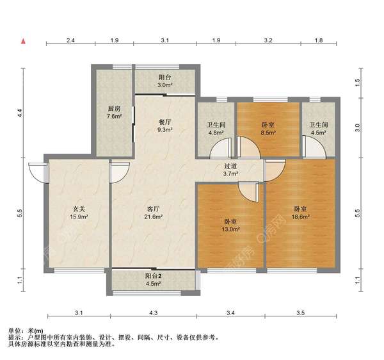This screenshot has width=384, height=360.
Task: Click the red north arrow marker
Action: tap(23, 41)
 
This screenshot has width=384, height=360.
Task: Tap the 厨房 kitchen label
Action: tap(114, 108)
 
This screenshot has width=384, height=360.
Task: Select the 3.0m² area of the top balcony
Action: tap(165, 85)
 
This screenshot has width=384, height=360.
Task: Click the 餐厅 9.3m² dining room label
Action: tap(165, 126)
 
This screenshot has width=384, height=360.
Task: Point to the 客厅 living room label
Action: tap(154, 209)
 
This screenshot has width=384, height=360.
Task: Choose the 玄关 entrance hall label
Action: tap(79, 209)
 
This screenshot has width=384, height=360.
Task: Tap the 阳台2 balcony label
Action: tap(154, 276)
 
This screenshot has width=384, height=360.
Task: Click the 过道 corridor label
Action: tap(230, 166)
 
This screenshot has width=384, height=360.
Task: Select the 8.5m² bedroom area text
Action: tap(268, 133)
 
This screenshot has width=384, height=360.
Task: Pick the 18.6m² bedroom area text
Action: tap(300, 217)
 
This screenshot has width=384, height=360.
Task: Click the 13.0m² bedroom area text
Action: tap(230, 229)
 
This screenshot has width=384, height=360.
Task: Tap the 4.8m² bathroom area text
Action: tap(216, 133)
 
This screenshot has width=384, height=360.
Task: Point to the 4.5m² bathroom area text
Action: tap(318, 133)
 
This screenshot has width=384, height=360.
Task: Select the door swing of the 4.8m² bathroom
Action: tap(221, 148)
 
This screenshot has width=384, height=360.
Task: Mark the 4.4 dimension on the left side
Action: tap(20, 113)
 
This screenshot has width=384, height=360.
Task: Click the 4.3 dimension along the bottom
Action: tap(154, 313)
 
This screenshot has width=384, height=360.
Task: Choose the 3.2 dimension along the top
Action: tap(268, 40)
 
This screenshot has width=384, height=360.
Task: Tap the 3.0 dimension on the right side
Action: tap(358, 127)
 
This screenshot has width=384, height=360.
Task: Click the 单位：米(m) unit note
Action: tap(26, 331)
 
